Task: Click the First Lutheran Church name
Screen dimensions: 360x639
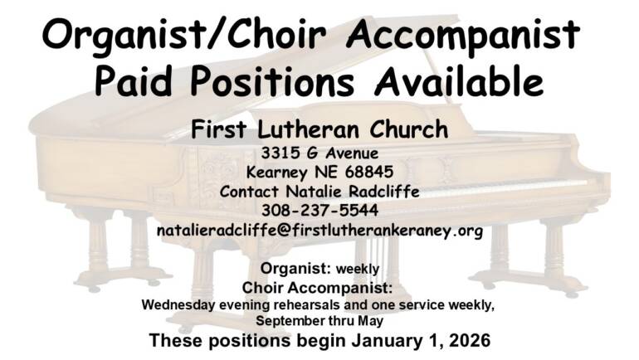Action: click(x=319, y=129)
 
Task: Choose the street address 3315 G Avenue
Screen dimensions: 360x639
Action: click(x=319, y=153)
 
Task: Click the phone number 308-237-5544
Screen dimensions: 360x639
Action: click(x=319, y=211)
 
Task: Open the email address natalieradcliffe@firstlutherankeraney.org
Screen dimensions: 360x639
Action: click(x=319, y=230)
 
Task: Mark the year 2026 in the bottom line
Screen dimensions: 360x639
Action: click(x=465, y=339)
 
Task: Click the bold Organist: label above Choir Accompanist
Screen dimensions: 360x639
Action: click(x=295, y=269)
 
